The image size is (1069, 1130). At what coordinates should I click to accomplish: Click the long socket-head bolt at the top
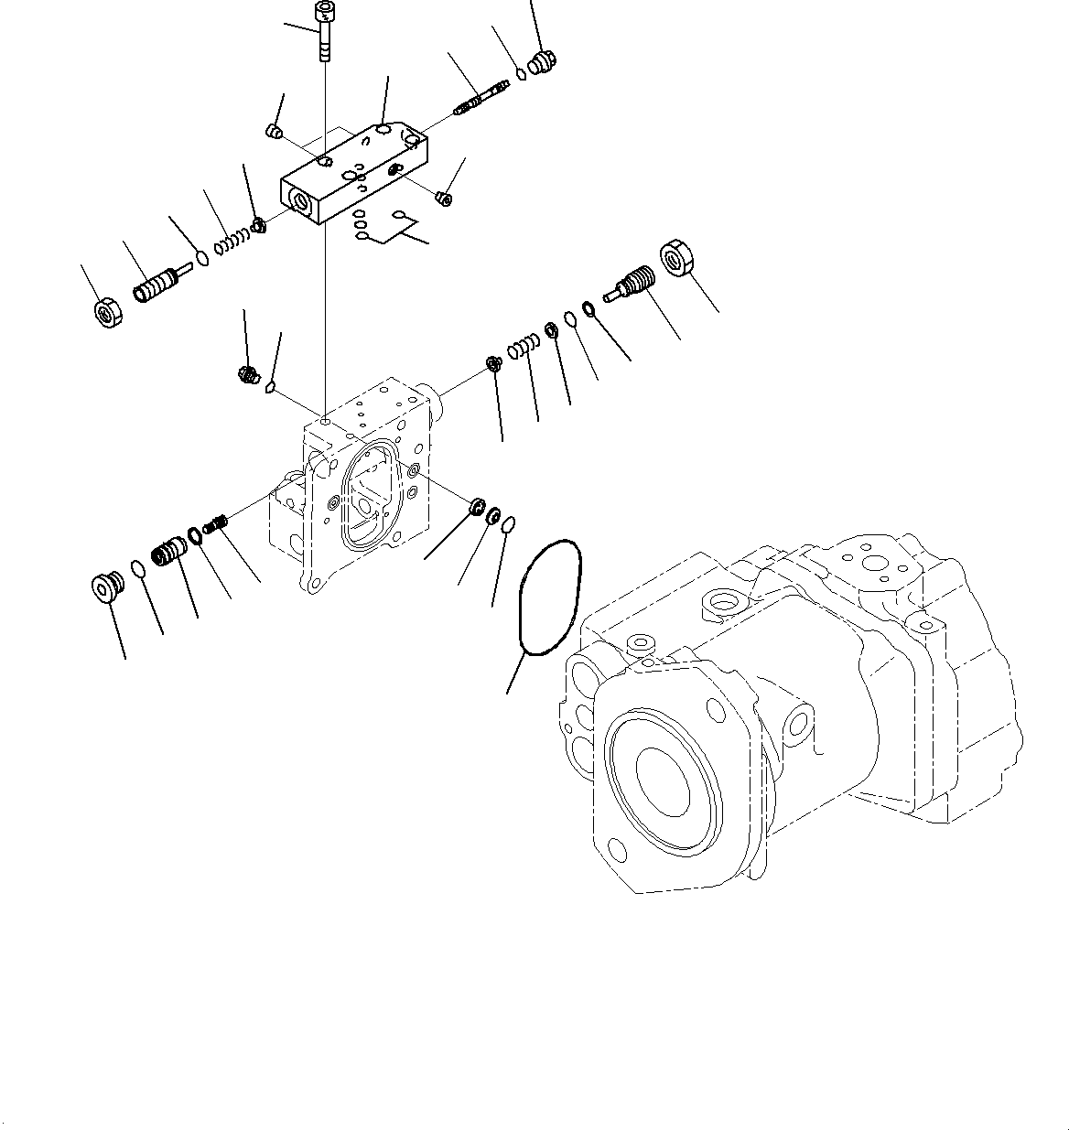324,33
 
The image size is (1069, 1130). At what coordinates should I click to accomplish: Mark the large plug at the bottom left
106,585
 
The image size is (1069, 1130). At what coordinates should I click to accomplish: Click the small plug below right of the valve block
444,198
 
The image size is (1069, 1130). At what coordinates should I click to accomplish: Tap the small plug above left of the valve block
273,133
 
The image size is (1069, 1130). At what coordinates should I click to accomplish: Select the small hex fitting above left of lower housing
245,372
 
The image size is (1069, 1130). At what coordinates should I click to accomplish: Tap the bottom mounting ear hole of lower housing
314,583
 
